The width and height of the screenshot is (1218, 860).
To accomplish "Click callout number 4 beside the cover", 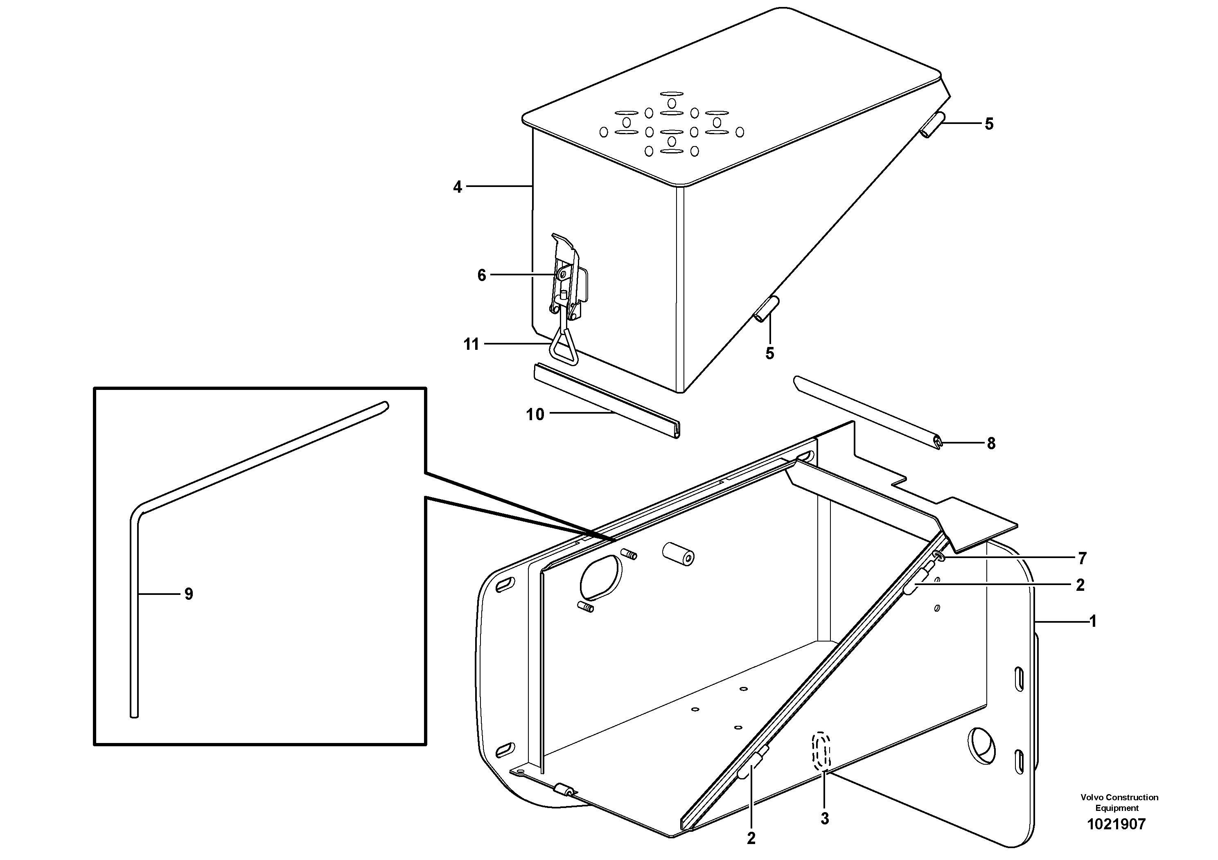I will [x=457, y=187].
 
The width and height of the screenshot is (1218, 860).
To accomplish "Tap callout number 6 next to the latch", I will [x=481, y=275].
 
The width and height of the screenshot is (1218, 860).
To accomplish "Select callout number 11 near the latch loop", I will [x=471, y=344].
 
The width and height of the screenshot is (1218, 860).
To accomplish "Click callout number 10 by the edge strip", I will [x=535, y=414].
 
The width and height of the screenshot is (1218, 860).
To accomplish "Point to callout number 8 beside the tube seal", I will [x=991, y=443].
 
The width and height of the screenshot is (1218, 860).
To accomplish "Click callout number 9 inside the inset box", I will [x=188, y=594].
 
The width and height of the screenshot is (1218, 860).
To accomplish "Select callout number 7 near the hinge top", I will [x=1082, y=558].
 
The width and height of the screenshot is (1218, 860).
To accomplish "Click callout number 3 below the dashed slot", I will [x=824, y=819].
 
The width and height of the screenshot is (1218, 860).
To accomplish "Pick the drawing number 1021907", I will [x=1116, y=824].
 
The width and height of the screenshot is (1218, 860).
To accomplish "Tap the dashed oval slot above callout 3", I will [x=822, y=750].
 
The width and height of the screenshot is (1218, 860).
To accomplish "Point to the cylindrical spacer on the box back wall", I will [x=678, y=555].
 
